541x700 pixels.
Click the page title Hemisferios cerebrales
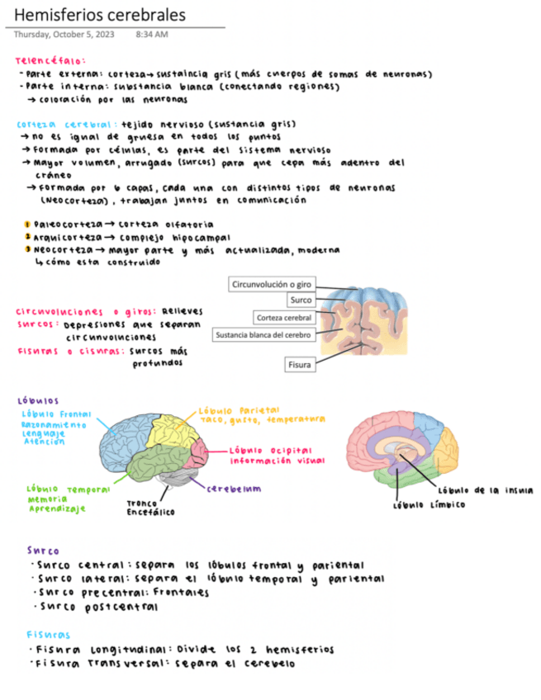[x=100, y=16]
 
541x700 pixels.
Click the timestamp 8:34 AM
[x=151, y=35]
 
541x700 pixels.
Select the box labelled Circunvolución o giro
[x=272, y=284]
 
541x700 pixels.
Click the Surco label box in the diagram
[x=301, y=300]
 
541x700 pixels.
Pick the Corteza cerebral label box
[x=283, y=318]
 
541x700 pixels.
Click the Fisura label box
[x=299, y=364]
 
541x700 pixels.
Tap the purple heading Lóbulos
[x=37, y=400]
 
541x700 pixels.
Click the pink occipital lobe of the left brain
[x=199, y=452]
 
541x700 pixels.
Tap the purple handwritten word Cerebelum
[x=235, y=487]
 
